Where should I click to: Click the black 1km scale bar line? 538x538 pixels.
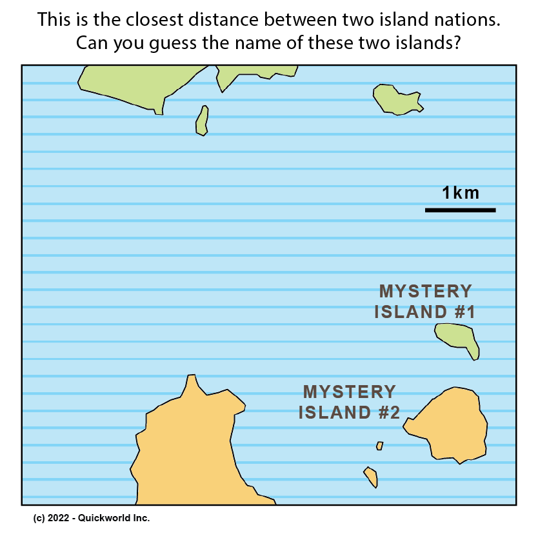[x=460, y=210]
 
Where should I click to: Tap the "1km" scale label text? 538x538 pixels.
[x=461, y=192]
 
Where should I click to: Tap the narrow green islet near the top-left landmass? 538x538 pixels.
[x=202, y=121]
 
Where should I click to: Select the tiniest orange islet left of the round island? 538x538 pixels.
[x=380, y=446]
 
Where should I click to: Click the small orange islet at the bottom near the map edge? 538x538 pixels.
[x=371, y=477]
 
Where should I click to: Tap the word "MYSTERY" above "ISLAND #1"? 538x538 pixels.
[x=425, y=292]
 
